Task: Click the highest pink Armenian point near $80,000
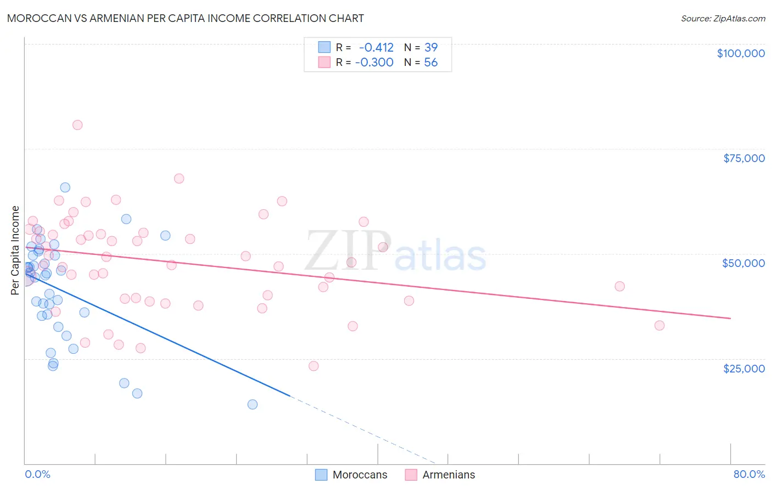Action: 77,125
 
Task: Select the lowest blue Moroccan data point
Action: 253,404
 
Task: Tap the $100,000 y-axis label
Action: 741,53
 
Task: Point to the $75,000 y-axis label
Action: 744,158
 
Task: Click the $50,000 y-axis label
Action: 743,263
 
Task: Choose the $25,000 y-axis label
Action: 744,369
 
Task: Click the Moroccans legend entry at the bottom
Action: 360,475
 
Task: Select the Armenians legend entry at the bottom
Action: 449,475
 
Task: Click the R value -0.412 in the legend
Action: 376,48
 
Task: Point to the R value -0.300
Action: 374,63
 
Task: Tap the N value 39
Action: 431,48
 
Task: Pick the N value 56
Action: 431,63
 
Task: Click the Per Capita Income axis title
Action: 15,250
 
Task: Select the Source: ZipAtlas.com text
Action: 723,19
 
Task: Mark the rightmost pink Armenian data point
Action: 659,326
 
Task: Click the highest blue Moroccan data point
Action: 65,187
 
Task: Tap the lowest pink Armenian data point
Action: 314,366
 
